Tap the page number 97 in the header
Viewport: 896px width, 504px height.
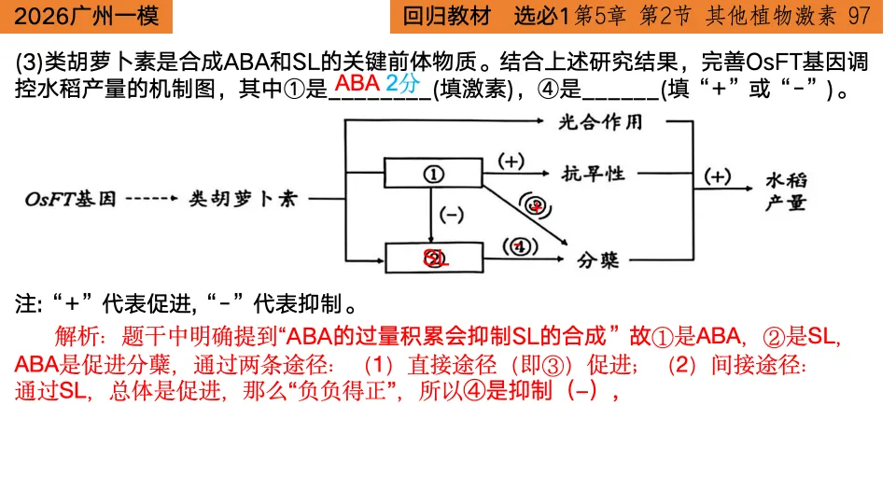(860, 16)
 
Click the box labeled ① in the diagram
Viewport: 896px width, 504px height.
(433, 174)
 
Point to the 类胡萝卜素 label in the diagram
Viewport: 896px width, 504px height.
(243, 199)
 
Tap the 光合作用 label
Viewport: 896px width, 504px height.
(601, 122)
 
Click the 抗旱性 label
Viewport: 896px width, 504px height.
(593, 174)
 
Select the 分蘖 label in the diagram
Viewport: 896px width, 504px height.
(598, 260)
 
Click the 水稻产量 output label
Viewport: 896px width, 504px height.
(786, 190)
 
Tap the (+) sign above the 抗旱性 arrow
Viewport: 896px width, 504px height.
(511, 161)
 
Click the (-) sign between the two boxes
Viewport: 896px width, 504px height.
(452, 216)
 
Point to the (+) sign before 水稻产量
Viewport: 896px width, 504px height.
(717, 177)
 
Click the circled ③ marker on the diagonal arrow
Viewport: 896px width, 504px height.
(534, 206)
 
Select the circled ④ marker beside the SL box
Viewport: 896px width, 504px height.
(520, 246)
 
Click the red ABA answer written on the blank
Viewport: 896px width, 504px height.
(357, 84)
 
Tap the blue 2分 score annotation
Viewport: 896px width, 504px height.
(403, 83)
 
